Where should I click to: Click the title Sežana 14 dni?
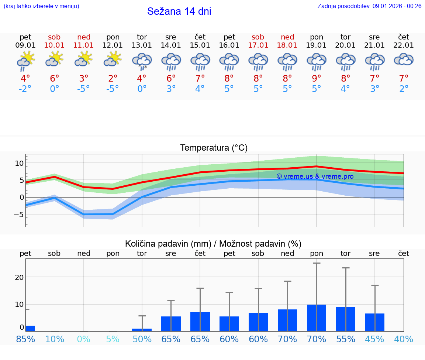tap(179, 11)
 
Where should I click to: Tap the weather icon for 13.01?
tap(142, 61)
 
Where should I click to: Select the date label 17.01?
tap(258, 45)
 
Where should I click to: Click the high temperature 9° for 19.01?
tap(317, 78)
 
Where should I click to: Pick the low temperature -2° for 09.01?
tap(25, 89)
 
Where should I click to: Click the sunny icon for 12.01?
tap(113, 59)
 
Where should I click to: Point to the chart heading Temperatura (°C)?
tap(214, 148)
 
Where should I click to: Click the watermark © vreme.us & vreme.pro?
tap(315, 176)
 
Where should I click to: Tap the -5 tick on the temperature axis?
tap(19, 215)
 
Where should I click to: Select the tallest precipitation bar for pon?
tap(317, 318)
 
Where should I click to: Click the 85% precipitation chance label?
tap(25, 339)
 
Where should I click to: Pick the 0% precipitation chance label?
tap(84, 339)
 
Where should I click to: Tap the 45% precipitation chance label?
tap(374, 339)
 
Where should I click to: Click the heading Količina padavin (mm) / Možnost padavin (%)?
tap(213, 244)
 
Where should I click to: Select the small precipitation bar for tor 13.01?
tap(142, 330)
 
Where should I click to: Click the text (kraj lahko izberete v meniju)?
tap(41, 6)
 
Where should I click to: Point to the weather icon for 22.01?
tap(404, 60)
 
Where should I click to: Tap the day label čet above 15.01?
tap(200, 37)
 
